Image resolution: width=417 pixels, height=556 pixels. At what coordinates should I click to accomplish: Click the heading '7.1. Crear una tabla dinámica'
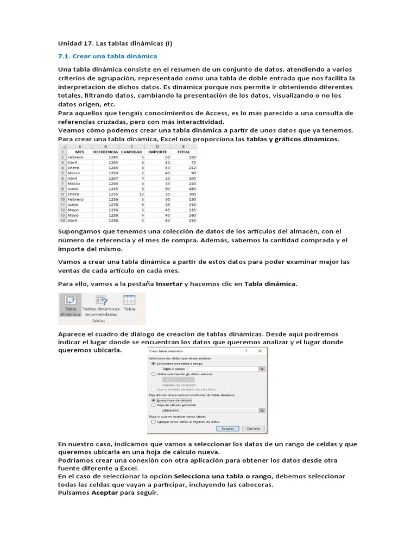pos(108,56)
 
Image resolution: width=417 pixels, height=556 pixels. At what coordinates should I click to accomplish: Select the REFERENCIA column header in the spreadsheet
pos(105,152)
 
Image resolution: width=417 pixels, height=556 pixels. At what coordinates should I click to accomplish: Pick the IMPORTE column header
pos(158,152)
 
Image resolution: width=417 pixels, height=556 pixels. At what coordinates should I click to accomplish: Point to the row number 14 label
pos(62,220)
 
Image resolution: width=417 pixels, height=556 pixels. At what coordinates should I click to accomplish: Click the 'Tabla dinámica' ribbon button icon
pos(69,300)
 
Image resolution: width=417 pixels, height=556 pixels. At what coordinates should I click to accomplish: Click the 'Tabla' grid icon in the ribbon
pos(129,300)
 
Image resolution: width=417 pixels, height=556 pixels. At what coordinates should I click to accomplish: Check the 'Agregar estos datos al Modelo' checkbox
pos(154,421)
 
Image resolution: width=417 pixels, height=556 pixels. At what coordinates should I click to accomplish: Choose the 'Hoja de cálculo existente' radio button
pos(154,405)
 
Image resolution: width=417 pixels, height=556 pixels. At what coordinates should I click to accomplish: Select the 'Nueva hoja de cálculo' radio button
pos(154,400)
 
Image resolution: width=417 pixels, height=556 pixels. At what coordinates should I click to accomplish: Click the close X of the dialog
pos(261,351)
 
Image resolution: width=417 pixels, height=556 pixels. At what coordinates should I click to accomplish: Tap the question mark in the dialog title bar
pos(246,351)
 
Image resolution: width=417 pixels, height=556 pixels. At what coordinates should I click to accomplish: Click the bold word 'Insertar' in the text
pos(169,284)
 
